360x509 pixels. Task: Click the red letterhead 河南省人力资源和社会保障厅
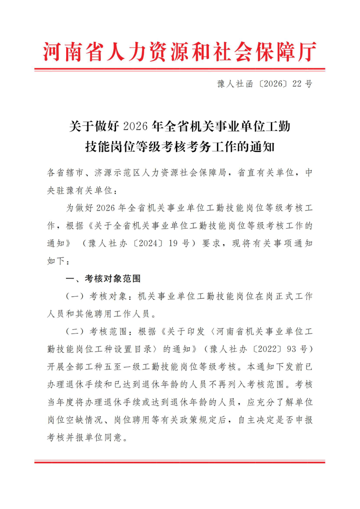click(x=180, y=52)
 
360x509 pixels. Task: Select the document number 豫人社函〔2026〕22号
click(x=264, y=84)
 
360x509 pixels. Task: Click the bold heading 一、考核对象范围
click(x=103, y=279)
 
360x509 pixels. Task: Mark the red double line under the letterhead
click(x=180, y=70)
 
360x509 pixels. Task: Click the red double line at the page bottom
click(x=180, y=462)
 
